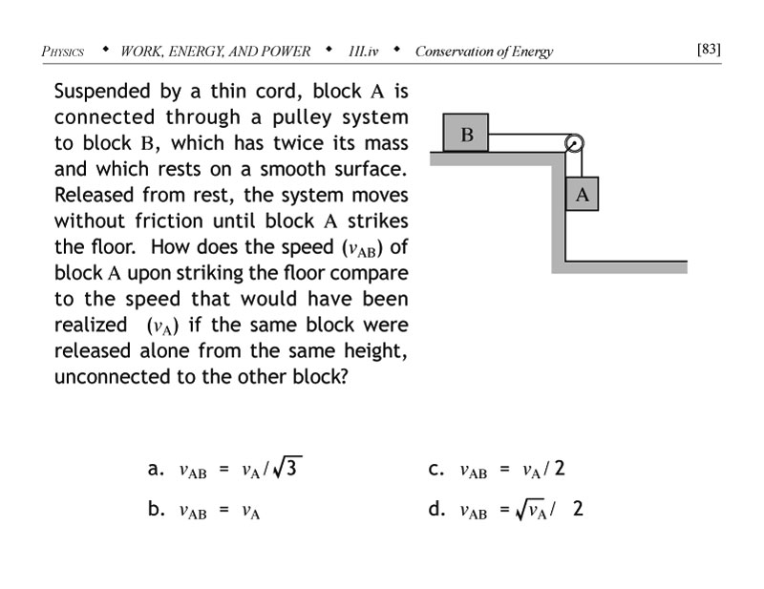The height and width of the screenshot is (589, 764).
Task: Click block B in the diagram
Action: (466, 134)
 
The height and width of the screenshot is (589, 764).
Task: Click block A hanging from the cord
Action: (582, 195)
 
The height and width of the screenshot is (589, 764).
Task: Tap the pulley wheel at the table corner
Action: (574, 143)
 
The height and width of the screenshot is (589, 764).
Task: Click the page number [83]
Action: (709, 49)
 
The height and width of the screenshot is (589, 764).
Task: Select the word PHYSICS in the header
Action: (64, 52)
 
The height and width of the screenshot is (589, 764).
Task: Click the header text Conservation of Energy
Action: (483, 52)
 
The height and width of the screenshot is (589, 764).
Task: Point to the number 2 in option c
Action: (560, 470)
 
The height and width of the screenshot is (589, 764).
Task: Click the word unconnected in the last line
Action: (114, 375)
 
